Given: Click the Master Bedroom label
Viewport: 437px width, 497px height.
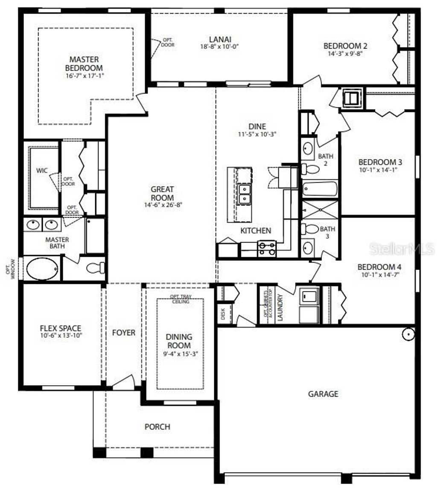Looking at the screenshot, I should coord(84,64).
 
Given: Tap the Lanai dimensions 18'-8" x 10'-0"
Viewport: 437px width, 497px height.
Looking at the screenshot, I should coord(219,47).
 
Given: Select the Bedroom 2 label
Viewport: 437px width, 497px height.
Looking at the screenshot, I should coord(345,46).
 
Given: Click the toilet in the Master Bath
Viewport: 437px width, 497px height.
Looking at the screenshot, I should coord(96,268).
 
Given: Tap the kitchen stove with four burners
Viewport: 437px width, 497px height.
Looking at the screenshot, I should coord(267,248).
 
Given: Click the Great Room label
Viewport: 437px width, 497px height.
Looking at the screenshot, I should coord(162,193).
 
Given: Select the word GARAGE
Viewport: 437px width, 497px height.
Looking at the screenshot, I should coord(323,394).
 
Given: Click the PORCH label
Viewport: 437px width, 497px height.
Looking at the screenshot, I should coord(157,427).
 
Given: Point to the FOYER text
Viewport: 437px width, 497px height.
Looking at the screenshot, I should coord(124,333).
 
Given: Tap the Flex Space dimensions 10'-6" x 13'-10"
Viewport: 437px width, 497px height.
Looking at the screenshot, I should coord(61,336).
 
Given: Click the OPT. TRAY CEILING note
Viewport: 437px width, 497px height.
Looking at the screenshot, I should coord(180,299).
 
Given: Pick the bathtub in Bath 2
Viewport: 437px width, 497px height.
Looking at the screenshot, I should coord(320,188).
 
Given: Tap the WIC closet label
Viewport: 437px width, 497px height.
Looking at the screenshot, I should coord(42,170).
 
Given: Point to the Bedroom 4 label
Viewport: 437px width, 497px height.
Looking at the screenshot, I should coord(379,267).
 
